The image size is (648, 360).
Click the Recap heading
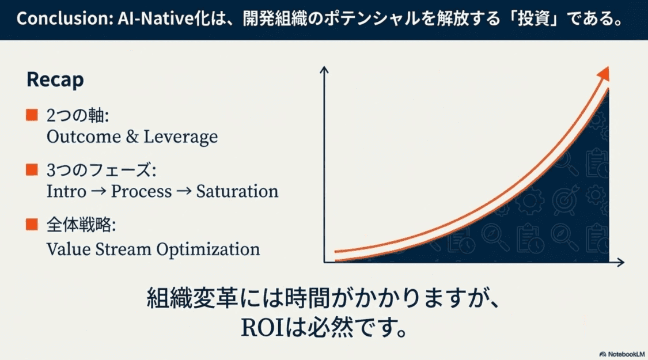(x=55, y=80)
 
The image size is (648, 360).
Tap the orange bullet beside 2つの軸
(x=32, y=115)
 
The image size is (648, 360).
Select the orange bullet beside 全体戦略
(x=32, y=225)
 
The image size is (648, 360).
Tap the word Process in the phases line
(x=141, y=191)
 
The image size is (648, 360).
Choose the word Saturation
(x=237, y=191)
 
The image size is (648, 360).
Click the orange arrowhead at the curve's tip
(x=603, y=73)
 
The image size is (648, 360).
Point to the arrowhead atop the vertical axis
(x=324, y=70)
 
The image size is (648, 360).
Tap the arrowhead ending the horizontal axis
(x=620, y=263)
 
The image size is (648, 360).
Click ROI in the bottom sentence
(x=264, y=328)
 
